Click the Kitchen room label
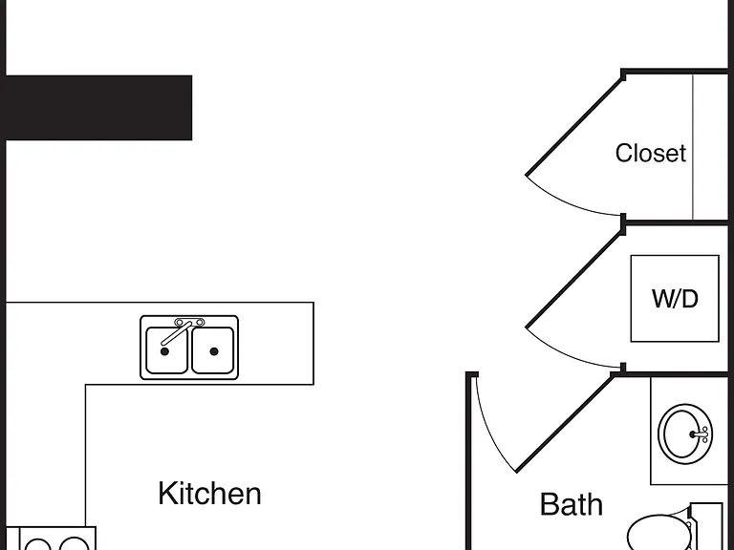pyautogui.click(x=209, y=494)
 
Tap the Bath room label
pyautogui.click(x=572, y=504)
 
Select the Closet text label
pyautogui.click(x=651, y=153)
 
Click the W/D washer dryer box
pyautogui.click(x=675, y=298)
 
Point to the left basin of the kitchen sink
pyautogui.click(x=166, y=350)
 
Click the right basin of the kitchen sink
pyautogui.click(x=213, y=350)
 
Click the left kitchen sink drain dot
pyautogui.click(x=164, y=351)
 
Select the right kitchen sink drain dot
pyautogui.click(x=214, y=351)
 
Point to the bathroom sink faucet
pyautogui.click(x=700, y=434)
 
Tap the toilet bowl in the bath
pyautogui.click(x=658, y=533)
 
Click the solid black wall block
pyautogui.click(x=98, y=108)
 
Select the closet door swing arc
pyautogui.click(x=568, y=201)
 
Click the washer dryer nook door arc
pyautogui.click(x=568, y=353)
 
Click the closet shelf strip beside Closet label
pyautogui.click(x=710, y=146)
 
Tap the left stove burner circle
pyautogui.click(x=38, y=545)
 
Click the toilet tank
pyautogui.click(x=707, y=527)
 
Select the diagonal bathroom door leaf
pyautogui.click(x=565, y=423)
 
